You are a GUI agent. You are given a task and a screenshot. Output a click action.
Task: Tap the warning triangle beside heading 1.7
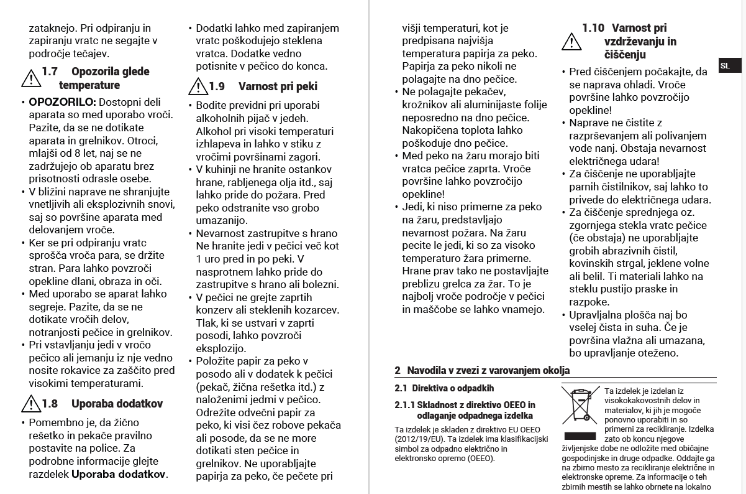pos(30,78)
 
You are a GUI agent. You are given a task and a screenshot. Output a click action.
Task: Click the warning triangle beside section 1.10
pos(571,40)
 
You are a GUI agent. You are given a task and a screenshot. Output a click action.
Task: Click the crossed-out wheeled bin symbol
pos(581,405)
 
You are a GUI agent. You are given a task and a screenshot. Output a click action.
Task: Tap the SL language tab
pos(726,65)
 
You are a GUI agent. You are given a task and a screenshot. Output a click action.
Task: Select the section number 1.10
pos(593,28)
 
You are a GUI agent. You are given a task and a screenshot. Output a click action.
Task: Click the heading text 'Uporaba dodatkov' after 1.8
pos(117,404)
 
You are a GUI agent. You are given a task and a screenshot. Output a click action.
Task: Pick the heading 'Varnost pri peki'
pos(278,86)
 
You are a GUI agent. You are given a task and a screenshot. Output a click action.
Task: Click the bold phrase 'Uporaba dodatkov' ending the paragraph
pos(119,474)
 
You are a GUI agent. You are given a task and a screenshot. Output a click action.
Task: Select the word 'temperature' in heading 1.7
pos(89,85)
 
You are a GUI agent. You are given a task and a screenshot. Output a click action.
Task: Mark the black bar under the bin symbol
pos(581,436)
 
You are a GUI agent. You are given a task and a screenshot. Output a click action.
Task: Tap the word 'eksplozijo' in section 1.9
pos(221,348)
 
